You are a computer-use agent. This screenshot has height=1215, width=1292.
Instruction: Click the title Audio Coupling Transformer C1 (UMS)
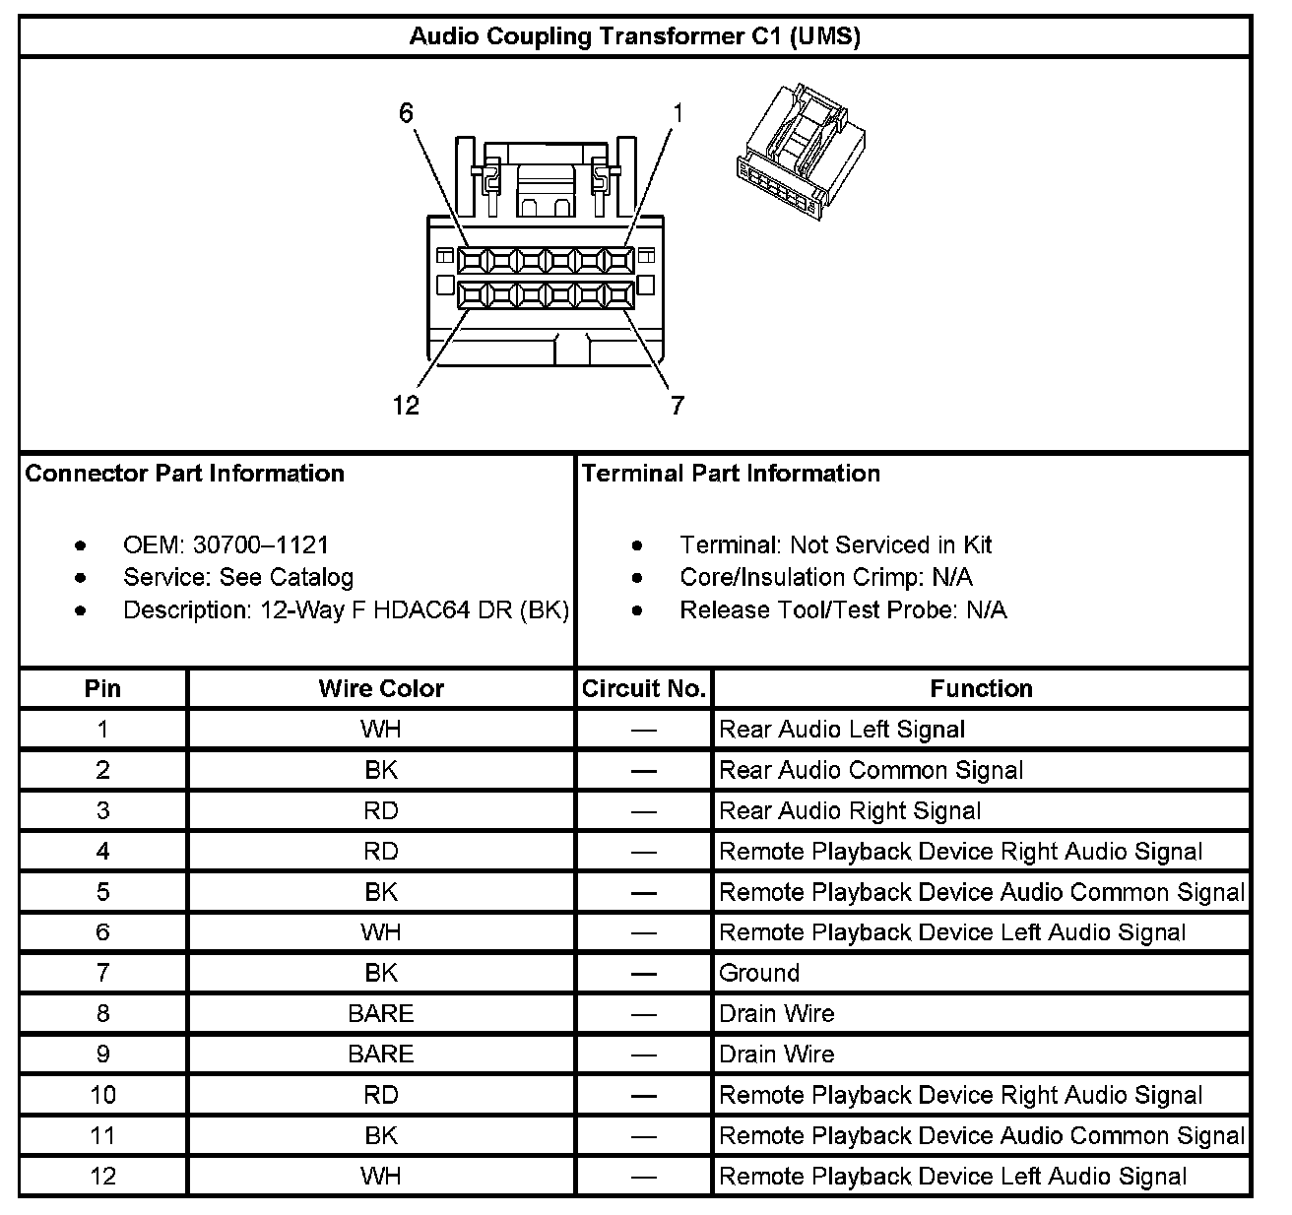coord(635,37)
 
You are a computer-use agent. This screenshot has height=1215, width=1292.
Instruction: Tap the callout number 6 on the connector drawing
coord(406,114)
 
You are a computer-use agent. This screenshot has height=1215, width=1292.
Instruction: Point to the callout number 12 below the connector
coord(406,405)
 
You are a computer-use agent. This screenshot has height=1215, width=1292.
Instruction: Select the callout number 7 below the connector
coord(677,405)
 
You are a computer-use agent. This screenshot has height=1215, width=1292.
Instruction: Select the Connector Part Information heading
coord(185,474)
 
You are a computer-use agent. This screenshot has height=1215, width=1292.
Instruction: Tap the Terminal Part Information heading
coord(731,474)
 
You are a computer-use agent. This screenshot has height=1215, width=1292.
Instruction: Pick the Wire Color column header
coord(381,688)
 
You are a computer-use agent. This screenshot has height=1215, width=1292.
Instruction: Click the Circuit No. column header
coord(644,688)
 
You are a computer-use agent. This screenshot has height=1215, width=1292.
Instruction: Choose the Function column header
coord(981,688)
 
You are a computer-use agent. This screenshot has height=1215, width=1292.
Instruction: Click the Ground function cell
coord(759,973)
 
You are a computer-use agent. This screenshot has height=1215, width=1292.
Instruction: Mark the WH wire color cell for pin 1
coord(381,730)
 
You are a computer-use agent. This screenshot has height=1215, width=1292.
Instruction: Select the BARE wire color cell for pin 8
coord(381,1013)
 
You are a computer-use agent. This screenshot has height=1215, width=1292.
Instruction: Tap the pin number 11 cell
coord(103,1135)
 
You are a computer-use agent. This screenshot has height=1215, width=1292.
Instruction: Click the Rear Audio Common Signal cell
coord(872,770)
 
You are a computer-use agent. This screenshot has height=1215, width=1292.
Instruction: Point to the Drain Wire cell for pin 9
coord(777,1055)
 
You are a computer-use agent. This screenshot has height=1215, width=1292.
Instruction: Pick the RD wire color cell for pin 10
coord(381,1095)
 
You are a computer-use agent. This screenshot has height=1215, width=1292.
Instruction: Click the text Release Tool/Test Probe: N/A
coord(843,609)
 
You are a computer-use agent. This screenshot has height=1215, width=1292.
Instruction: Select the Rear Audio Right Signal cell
coord(850,810)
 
